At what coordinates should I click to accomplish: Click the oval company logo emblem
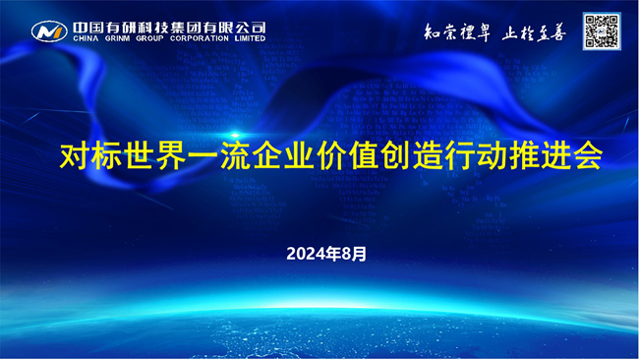point(48,31)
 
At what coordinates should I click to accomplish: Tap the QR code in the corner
point(601,30)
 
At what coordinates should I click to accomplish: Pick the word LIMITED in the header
point(250,38)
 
